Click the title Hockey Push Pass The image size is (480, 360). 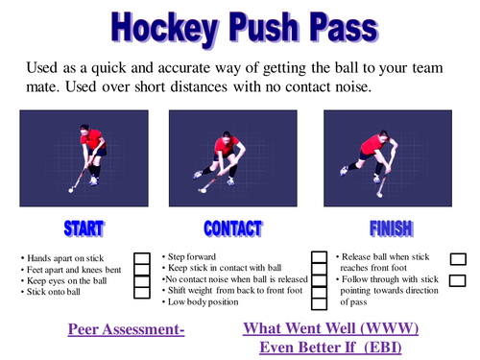(239, 27)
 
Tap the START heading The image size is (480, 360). (84, 228)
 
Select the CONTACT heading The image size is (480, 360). (231, 228)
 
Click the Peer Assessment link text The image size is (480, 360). (126, 329)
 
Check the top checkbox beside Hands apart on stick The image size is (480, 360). (141, 258)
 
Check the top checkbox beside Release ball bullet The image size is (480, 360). (458, 258)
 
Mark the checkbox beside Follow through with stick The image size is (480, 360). (458, 281)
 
